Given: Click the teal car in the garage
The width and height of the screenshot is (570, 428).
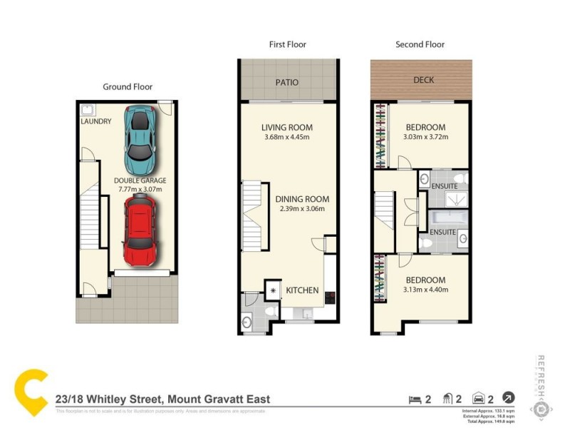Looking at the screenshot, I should pos(140,135).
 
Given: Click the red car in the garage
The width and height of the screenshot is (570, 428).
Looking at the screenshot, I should pos(139,230).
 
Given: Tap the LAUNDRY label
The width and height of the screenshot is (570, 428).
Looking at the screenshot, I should pos(95,122).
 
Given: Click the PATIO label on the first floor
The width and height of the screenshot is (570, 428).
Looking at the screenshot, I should pos(287,83).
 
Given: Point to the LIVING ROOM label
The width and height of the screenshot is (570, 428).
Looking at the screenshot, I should pos(287,128).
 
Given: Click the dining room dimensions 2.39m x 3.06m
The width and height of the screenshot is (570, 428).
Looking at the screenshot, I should pos(301,209).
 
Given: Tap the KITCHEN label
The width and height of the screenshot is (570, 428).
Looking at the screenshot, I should pos(302,291).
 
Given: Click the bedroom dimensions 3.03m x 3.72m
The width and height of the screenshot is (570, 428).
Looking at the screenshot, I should pos(426,137).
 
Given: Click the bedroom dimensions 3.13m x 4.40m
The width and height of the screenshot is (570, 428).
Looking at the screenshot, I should pos(425,290).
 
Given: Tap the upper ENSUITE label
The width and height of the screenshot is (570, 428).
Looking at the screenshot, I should pos(444,186).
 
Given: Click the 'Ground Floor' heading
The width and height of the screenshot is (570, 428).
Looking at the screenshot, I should pos(128,87).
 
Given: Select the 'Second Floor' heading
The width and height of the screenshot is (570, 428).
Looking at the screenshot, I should pos(420,44).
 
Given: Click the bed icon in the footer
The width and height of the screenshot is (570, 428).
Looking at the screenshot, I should pos(413,399).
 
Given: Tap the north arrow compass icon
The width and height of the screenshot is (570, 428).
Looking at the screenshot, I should pos(509,398).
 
